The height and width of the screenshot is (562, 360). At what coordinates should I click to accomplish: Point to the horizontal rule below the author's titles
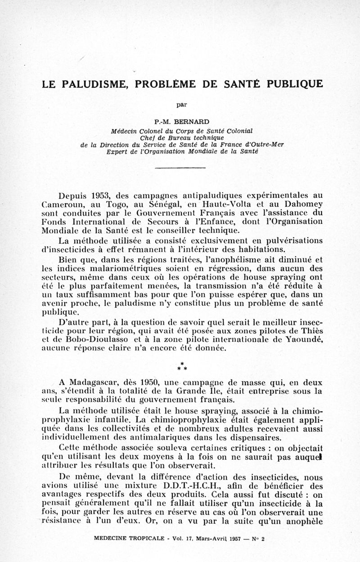coord(180,168)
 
